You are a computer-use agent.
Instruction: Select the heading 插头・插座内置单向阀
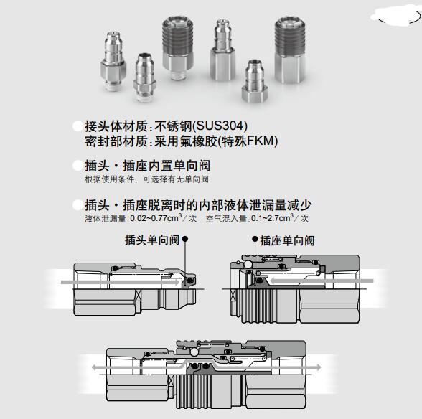148,166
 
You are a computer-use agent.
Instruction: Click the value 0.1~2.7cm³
272,218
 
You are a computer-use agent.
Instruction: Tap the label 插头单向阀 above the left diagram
152,240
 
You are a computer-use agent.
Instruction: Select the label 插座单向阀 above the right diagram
287,240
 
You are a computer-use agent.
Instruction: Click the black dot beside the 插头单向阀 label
185,239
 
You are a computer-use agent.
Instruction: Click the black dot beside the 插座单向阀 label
255,239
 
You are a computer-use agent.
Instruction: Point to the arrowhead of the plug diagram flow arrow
177,282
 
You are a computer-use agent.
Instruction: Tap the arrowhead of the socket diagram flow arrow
273,281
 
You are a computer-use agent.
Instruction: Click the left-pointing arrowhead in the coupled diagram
95,367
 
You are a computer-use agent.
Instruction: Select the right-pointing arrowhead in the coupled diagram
318,367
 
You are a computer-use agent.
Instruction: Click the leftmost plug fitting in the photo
113,62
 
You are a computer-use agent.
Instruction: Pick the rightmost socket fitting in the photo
290,50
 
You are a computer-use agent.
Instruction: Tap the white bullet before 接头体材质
78,126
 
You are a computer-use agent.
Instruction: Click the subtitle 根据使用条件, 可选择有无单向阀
146,179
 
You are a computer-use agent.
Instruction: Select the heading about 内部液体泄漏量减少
198,205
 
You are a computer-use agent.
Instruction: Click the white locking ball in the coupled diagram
194,352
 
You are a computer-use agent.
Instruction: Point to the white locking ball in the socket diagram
248,265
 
